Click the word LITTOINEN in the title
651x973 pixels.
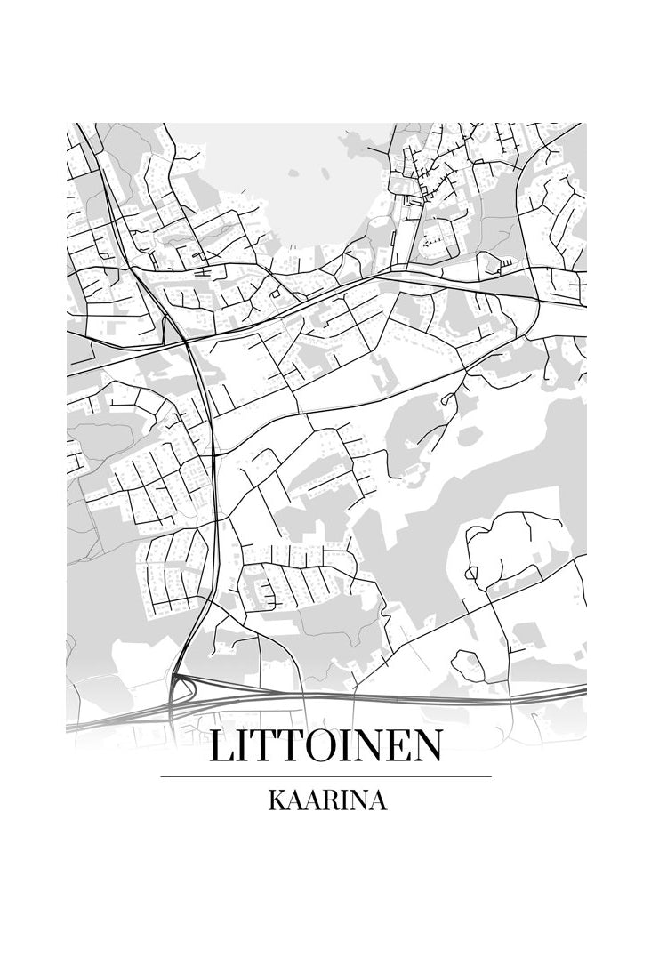click(325, 747)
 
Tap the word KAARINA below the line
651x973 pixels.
click(326, 800)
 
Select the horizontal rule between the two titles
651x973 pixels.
click(325, 776)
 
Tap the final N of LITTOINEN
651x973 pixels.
click(424, 747)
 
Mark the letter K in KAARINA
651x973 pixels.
click(276, 800)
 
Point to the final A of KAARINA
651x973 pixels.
click(378, 800)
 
